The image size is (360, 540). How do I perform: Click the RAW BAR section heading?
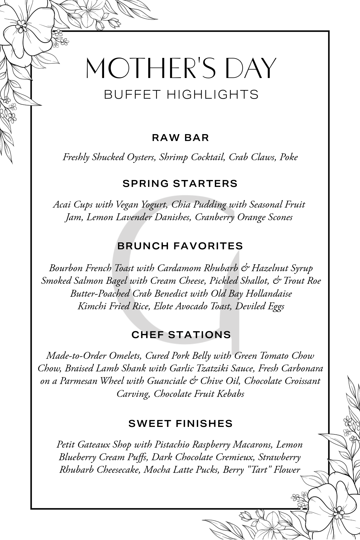pyautogui.click(x=180, y=138)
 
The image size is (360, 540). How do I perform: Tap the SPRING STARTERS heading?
pyautogui.click(x=180, y=184)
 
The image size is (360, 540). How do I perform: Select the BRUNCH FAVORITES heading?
pyautogui.click(x=180, y=246)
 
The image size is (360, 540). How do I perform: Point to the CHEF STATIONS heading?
pyautogui.click(x=181, y=335)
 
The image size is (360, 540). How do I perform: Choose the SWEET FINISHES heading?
pyautogui.click(x=181, y=423)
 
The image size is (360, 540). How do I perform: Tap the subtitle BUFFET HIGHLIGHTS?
pyautogui.click(x=181, y=94)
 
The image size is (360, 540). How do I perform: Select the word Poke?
pyautogui.click(x=289, y=157)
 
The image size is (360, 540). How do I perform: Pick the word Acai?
pyautogui.click(x=62, y=205)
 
